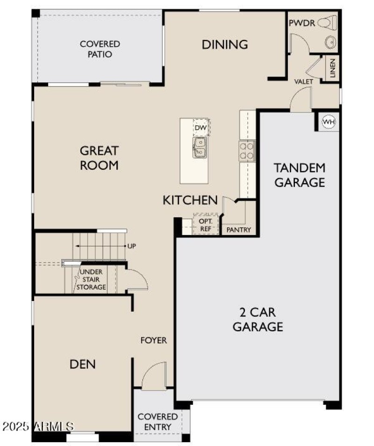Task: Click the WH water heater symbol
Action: click(x=329, y=122)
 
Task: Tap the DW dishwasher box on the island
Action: click(x=201, y=128)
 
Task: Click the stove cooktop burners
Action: click(x=247, y=151)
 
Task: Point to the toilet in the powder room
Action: click(x=325, y=23)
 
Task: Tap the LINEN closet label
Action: click(x=332, y=68)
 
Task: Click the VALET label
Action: click(x=303, y=81)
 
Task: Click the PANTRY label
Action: click(x=239, y=230)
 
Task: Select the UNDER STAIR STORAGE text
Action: click(x=91, y=280)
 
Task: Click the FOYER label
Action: click(x=154, y=340)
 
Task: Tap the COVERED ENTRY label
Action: click(x=158, y=422)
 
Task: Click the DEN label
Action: click(x=83, y=364)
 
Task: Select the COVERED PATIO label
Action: click(x=100, y=49)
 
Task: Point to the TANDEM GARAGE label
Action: click(x=299, y=175)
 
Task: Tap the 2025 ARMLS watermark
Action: click(x=37, y=426)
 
